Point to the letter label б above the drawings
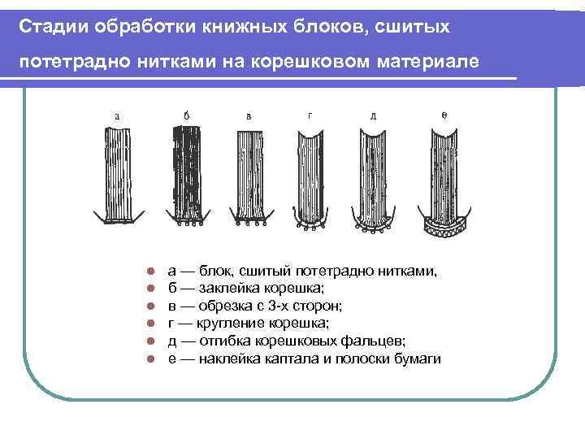coord(187,115)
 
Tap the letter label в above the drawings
coord(249,115)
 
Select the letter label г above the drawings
coord(310,115)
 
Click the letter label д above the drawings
coord(373,115)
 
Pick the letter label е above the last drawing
coord(443,115)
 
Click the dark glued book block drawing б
coord(187,171)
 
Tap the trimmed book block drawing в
coord(249,175)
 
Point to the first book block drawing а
coord(119,171)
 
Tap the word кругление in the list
coord(217,323)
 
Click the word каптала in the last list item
coord(288,358)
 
